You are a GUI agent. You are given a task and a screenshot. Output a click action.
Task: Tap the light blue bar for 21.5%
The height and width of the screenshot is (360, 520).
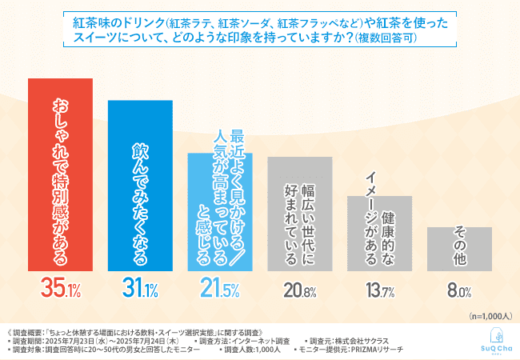point(219,212)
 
